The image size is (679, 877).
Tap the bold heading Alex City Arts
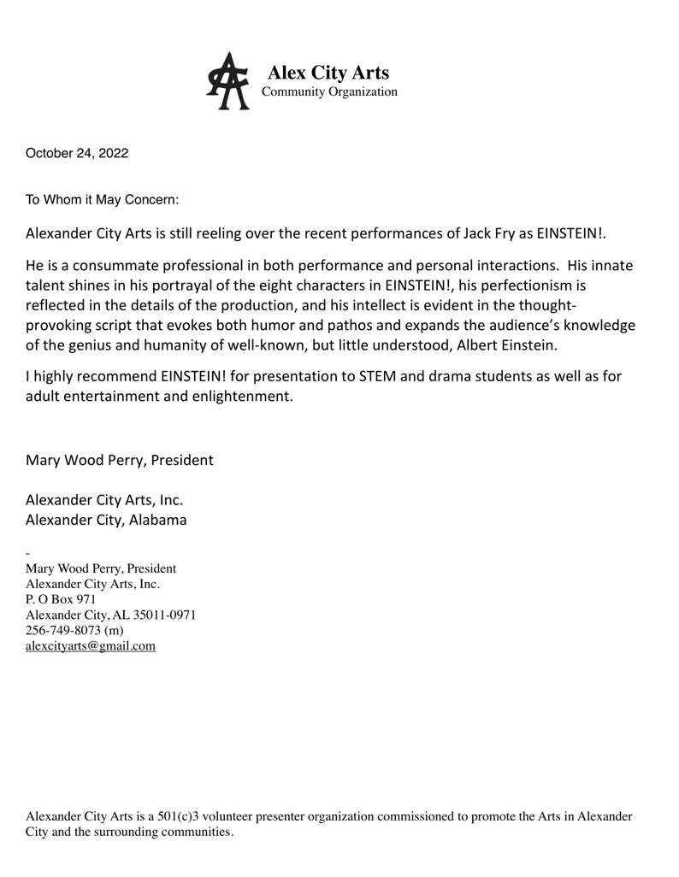[328, 73]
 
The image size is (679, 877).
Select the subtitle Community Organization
[328, 92]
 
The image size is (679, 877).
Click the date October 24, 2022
[77, 154]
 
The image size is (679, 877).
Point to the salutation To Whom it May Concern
[103, 200]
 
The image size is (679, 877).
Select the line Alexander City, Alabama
[106, 520]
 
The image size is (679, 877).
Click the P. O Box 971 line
[62, 599]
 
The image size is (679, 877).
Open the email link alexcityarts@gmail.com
[91, 646]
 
